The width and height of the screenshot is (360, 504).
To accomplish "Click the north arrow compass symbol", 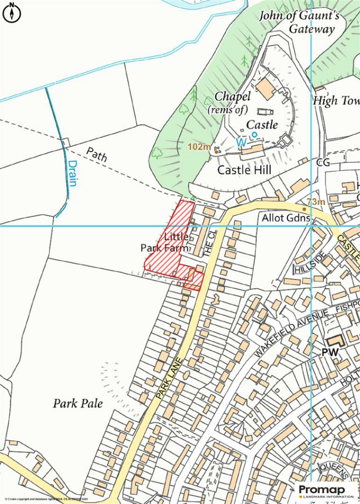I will pos(12,13).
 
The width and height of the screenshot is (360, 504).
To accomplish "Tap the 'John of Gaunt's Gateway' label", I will pos(300,22).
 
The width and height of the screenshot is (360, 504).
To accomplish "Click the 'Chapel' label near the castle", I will pos(233,96).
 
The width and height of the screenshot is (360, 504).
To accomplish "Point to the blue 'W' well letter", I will pos(241,142).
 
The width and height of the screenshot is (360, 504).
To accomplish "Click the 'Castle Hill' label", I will pos(244,170).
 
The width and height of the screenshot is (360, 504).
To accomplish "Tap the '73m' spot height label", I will pos(316,202).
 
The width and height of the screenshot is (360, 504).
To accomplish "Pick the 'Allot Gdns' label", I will pos(286,218).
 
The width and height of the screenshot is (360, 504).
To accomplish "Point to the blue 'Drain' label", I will pos(73,173).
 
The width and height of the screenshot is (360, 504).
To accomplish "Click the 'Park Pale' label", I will pos(78,404).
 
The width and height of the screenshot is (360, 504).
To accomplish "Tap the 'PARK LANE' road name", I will pos(169,378).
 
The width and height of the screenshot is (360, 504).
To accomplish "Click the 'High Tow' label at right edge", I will pos(336,101).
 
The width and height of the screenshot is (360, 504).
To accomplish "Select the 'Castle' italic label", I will pos(262,125).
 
